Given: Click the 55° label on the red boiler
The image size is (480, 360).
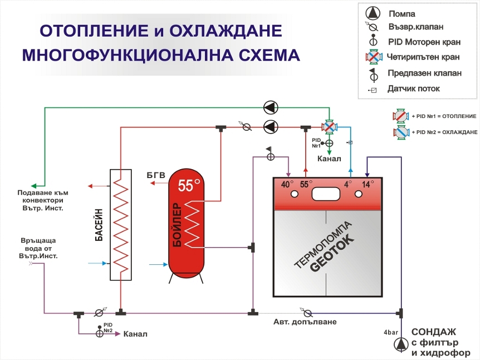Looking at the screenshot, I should click(x=189, y=186).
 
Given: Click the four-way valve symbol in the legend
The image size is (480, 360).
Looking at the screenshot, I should click(x=374, y=57).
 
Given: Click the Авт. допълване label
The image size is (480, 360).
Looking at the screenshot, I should click(x=305, y=322).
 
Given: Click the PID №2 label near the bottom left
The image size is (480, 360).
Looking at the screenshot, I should click(x=108, y=328).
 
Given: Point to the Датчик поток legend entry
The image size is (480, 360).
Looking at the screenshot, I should click(x=413, y=88).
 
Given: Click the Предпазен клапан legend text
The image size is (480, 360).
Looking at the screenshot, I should click(x=424, y=73).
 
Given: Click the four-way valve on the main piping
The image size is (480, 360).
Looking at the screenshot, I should click(x=329, y=127).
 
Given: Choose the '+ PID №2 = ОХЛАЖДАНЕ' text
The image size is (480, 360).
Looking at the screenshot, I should click(x=445, y=132).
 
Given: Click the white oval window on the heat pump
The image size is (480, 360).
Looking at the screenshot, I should click(x=327, y=194).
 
